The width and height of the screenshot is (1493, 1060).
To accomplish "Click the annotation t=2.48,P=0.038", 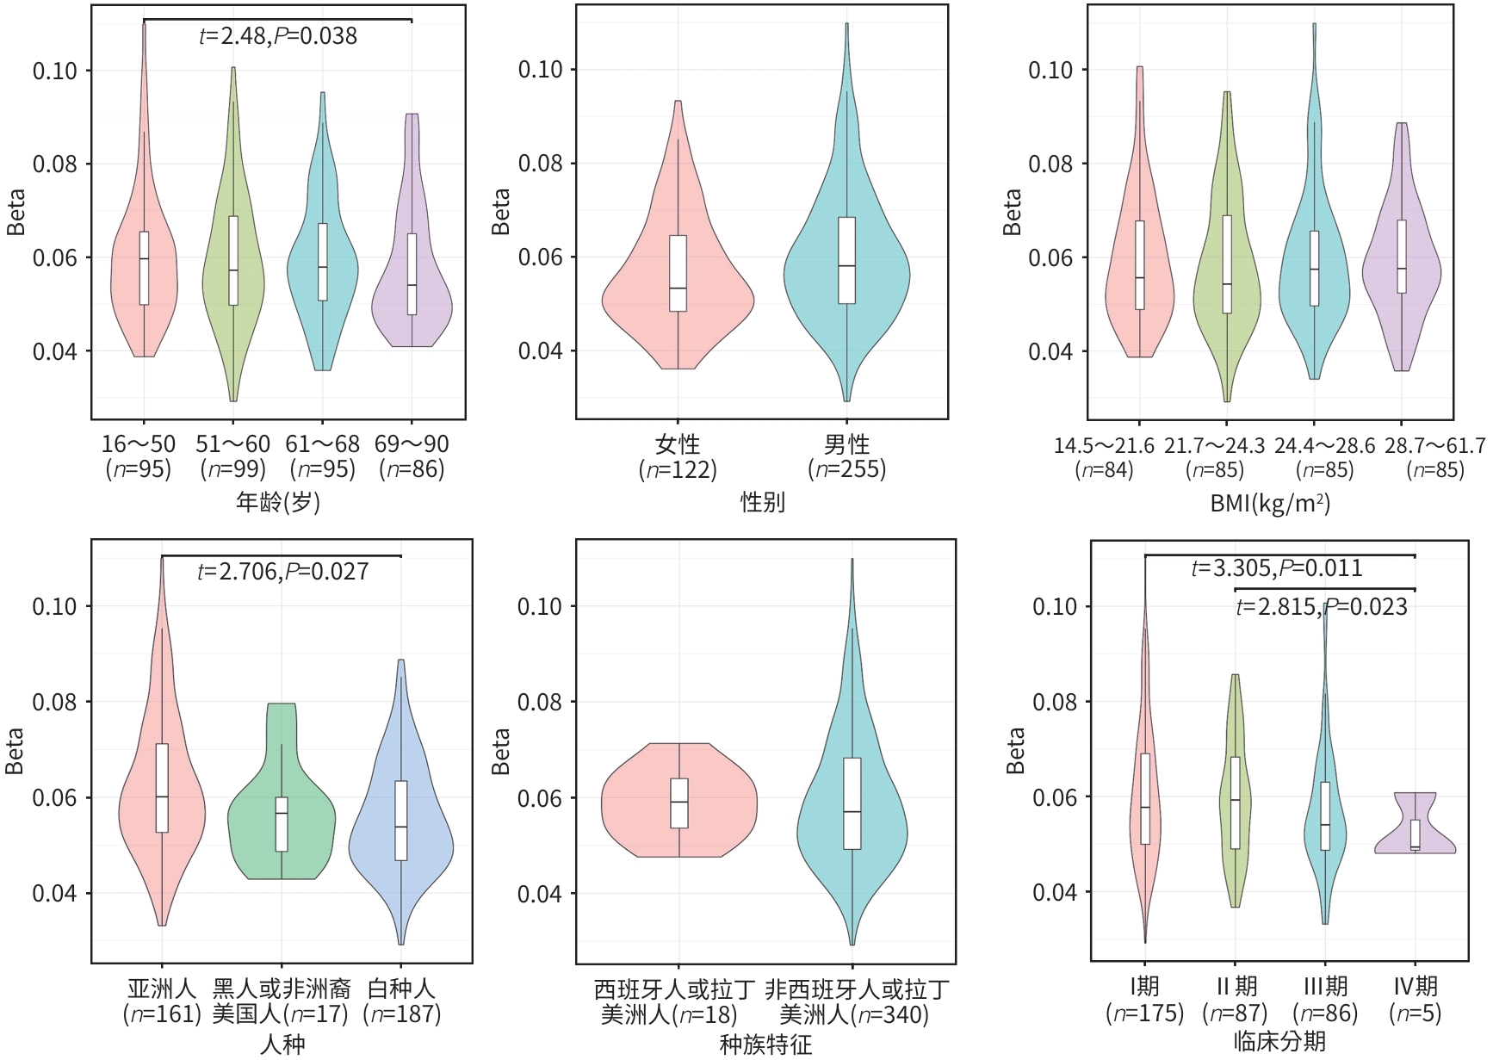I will [x=278, y=36].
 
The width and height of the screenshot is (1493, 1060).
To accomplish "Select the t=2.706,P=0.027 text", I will [x=283, y=572].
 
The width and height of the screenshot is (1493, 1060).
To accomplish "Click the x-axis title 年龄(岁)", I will [x=278, y=502].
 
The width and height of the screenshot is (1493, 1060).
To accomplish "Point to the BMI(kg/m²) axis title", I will [x=1270, y=503].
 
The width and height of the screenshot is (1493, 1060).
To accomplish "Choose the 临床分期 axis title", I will [x=1279, y=1041].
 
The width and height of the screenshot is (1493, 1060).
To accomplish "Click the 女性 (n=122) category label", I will [x=678, y=457].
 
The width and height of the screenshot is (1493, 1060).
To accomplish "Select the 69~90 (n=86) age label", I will [x=412, y=456].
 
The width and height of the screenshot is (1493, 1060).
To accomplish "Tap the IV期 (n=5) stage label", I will [x=1416, y=1000].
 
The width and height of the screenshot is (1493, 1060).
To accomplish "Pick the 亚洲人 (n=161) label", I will [x=162, y=1001].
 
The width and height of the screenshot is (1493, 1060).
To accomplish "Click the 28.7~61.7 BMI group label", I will [x=1435, y=457].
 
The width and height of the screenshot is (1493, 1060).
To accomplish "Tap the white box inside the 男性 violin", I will [x=847, y=260].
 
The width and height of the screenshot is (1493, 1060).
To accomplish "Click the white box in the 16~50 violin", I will [x=144, y=268].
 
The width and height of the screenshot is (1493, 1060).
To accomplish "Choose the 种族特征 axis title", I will [x=765, y=1045].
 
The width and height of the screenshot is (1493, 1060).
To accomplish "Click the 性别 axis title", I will [x=763, y=502].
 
